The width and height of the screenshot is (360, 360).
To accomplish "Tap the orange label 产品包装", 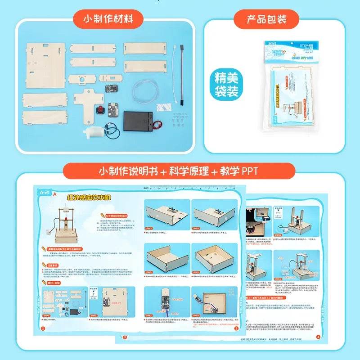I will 266,19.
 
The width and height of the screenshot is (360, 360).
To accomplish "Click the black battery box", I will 140,120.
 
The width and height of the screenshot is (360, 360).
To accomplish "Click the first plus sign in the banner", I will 170,171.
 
